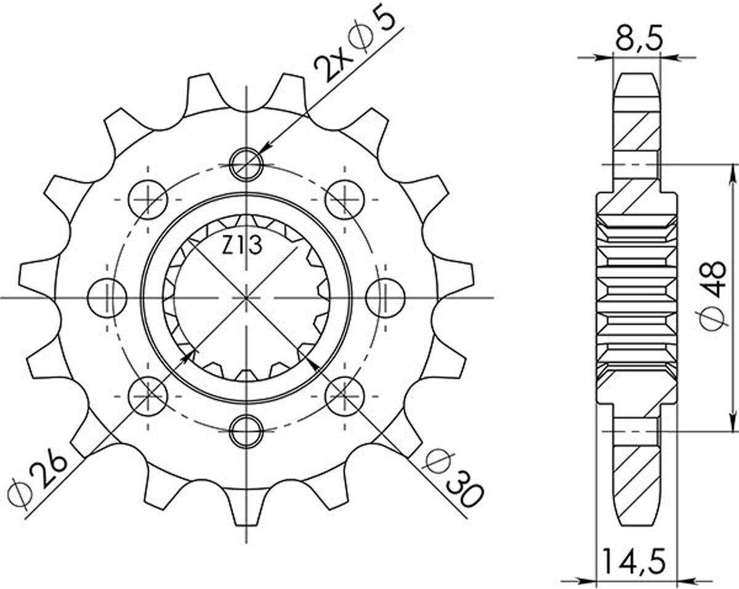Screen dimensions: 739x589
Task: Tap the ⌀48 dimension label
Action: [714, 295]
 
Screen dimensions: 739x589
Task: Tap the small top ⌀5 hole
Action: [246, 165]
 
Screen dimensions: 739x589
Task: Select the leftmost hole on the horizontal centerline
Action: [108, 298]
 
